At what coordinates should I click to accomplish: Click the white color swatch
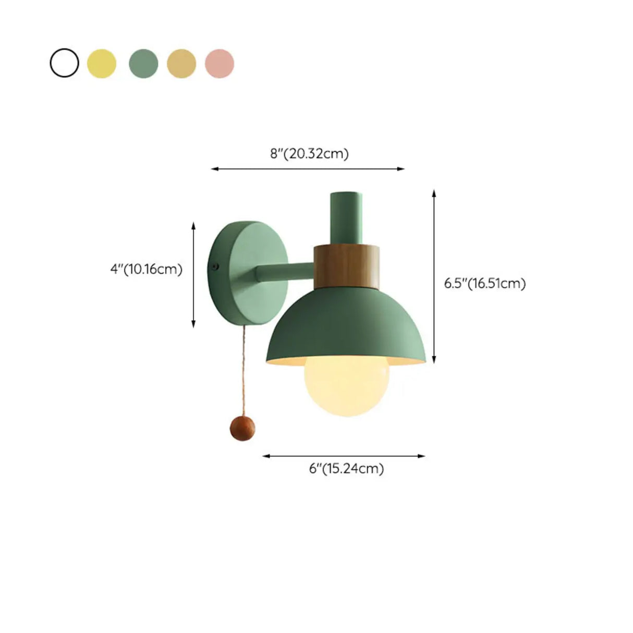pyautogui.click(x=64, y=63)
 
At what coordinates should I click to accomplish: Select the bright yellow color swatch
pyautogui.click(x=102, y=63)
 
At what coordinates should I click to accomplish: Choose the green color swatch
pyautogui.click(x=143, y=63)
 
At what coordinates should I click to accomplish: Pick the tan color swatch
pyautogui.click(x=181, y=63)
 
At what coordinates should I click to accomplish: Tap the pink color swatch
pyautogui.click(x=220, y=63)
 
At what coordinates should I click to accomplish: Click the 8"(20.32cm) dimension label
pyautogui.click(x=309, y=154)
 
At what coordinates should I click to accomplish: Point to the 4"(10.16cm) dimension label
pyautogui.click(x=147, y=270)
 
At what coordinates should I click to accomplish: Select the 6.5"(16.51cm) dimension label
pyautogui.click(x=485, y=283)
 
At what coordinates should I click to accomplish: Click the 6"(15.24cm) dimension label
pyautogui.click(x=346, y=468)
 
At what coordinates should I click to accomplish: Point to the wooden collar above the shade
pyautogui.click(x=346, y=266)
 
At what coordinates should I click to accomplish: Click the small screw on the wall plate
pyautogui.click(x=214, y=266)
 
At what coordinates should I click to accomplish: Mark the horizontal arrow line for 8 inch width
pyautogui.click(x=308, y=169)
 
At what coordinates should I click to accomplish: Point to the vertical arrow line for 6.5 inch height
pyautogui.click(x=434, y=276)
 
